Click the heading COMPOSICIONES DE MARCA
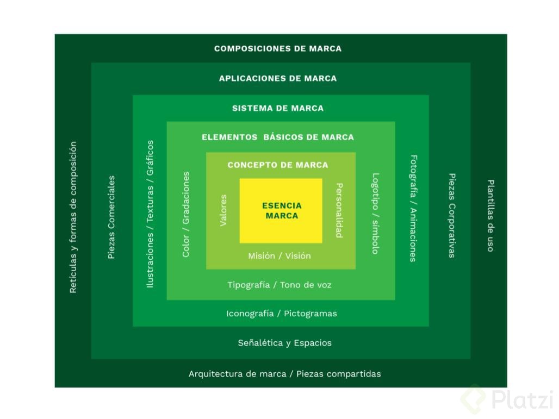(x=278, y=48)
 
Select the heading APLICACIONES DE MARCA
(x=278, y=78)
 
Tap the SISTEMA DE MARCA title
(x=278, y=108)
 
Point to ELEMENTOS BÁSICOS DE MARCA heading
(x=278, y=137)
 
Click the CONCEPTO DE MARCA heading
(x=278, y=165)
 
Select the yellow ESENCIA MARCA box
(x=281, y=211)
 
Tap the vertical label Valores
(x=223, y=211)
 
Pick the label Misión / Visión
(x=279, y=255)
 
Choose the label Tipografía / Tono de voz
(x=279, y=285)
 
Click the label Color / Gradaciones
(x=186, y=214)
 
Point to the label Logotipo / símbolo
(x=375, y=214)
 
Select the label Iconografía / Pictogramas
(x=281, y=314)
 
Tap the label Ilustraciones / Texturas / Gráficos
(x=150, y=214)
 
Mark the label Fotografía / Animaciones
(x=413, y=209)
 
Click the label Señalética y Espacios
(x=284, y=343)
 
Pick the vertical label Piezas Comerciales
(x=111, y=217)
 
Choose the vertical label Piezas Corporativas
(x=451, y=216)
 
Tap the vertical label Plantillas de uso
(x=490, y=216)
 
